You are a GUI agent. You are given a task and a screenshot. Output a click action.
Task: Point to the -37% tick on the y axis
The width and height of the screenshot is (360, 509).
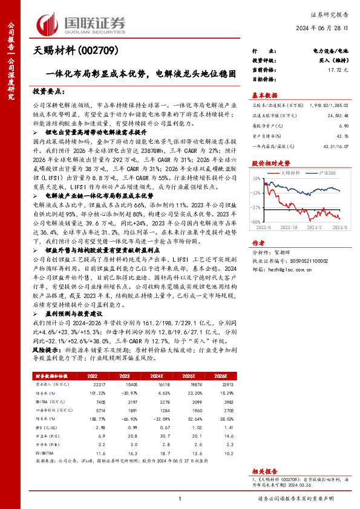coord(257,207)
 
